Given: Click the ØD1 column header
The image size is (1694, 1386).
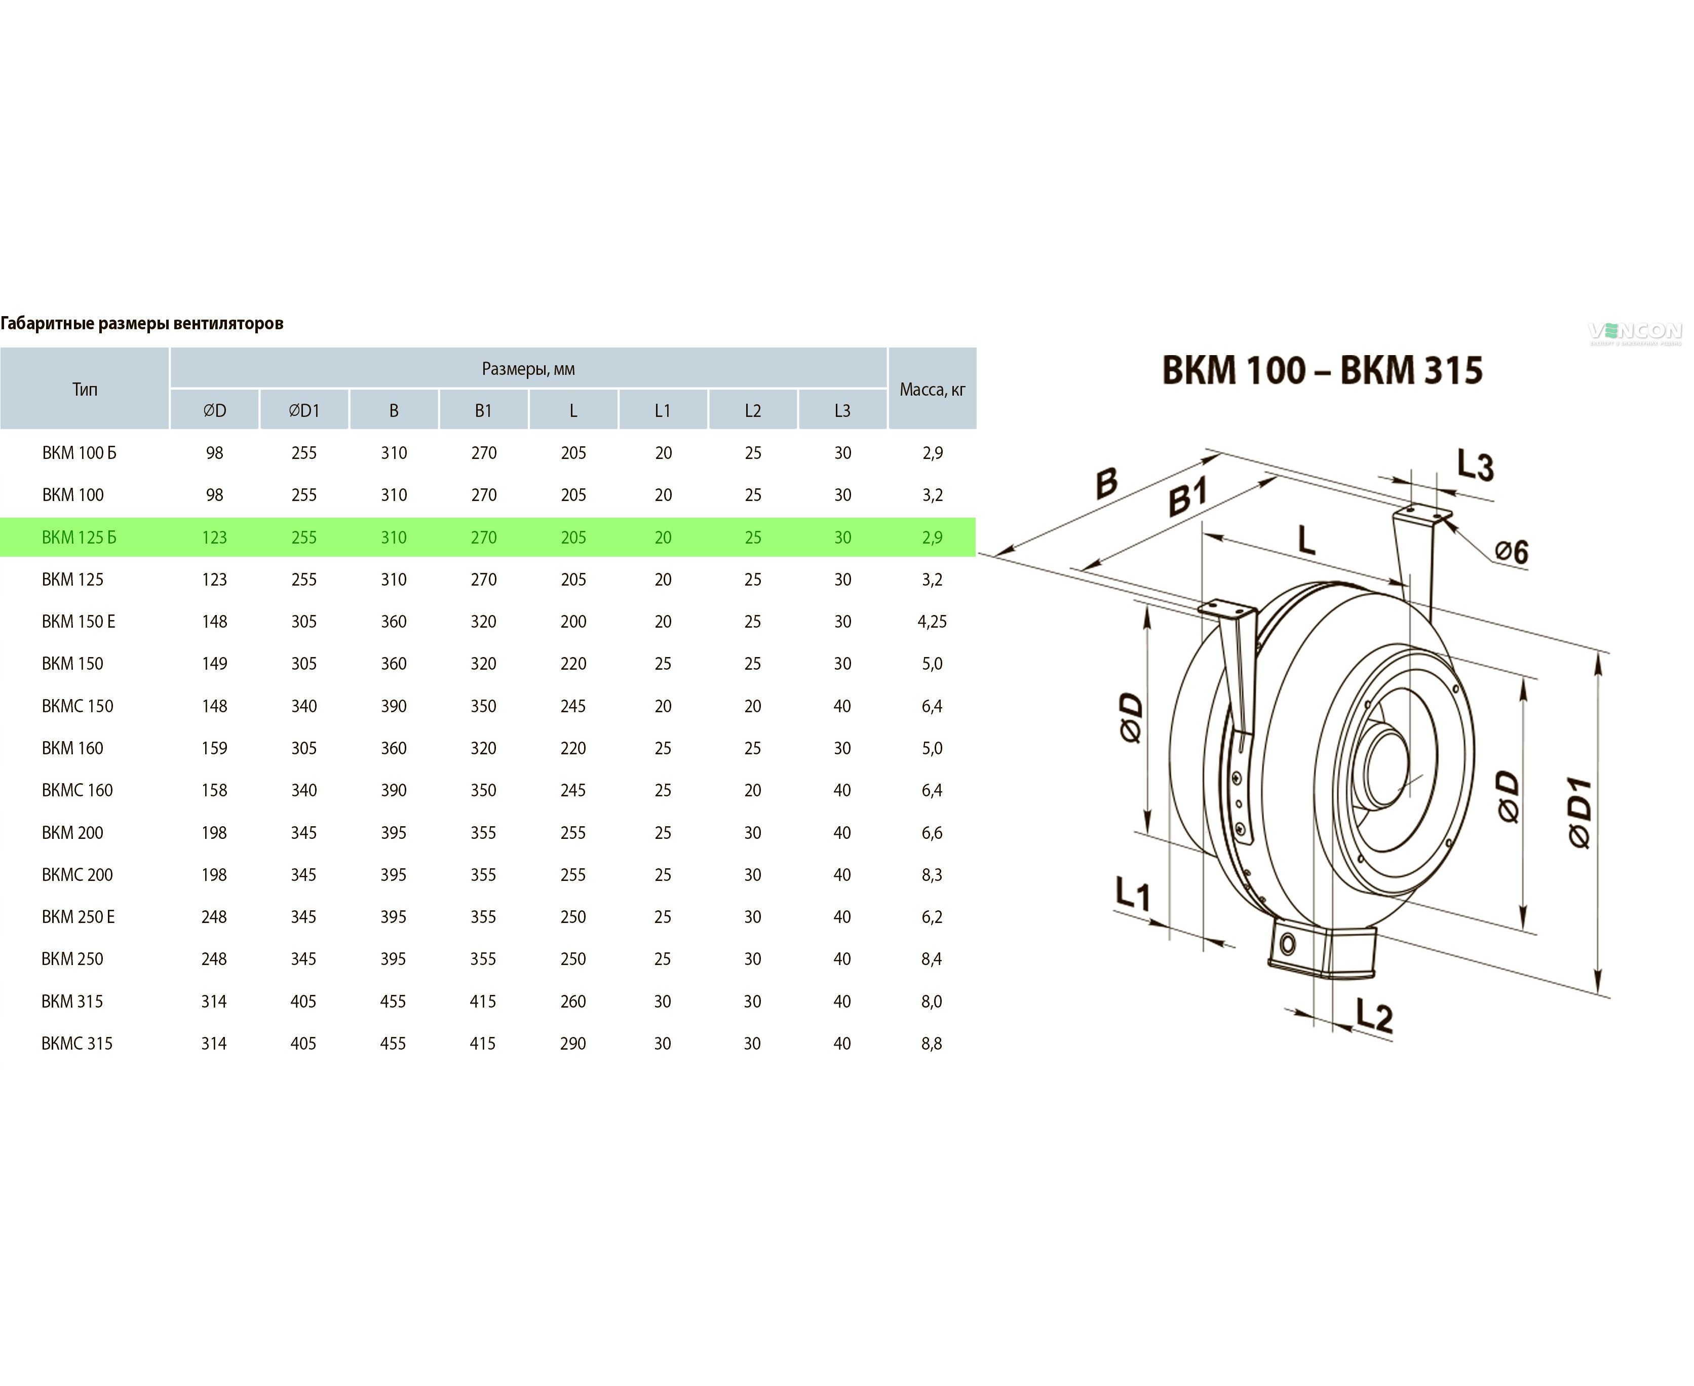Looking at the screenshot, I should (x=303, y=410).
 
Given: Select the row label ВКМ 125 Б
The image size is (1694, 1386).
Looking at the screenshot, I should (x=79, y=537).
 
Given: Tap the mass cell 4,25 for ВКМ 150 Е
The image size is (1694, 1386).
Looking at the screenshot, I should (x=932, y=621).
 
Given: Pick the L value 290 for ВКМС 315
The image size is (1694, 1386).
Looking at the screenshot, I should (x=572, y=1044).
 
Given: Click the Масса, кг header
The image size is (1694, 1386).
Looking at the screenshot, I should (x=932, y=390).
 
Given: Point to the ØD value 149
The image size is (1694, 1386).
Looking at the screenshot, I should (x=214, y=664).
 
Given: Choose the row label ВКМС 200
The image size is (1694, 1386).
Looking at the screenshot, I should (x=78, y=874).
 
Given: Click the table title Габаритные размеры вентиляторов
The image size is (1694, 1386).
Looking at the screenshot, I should (x=142, y=323).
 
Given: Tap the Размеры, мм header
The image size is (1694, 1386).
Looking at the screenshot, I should (x=528, y=369).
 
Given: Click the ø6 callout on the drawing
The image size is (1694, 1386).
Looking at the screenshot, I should (x=1511, y=551).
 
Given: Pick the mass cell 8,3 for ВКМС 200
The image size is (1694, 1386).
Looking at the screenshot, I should (x=932, y=874).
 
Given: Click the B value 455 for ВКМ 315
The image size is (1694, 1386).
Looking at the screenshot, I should (x=393, y=1001).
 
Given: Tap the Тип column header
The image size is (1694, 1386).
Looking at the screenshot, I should (x=85, y=390).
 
